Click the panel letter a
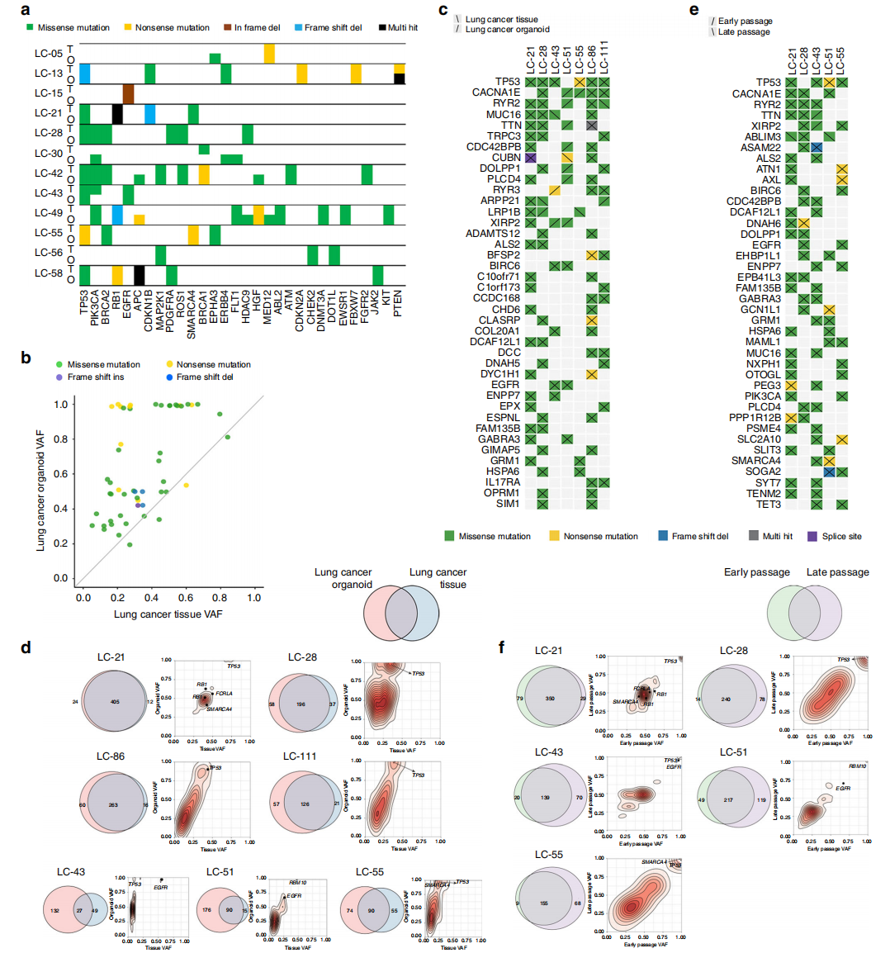[x=26, y=10]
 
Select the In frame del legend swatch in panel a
[x=227, y=27]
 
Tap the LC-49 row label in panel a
[x=48, y=213]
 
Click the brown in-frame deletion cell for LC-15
[x=128, y=93]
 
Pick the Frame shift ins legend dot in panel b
[x=59, y=377]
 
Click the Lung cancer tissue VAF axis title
[x=168, y=614]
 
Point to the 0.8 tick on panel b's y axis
[x=61, y=439]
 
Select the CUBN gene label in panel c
[x=506, y=157]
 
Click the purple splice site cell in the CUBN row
[x=530, y=157]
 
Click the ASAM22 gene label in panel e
[x=760, y=147]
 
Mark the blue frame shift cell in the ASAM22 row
[x=817, y=147]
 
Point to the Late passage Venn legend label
[x=837, y=572]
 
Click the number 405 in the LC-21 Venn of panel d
[x=115, y=702]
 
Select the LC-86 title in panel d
[x=111, y=756]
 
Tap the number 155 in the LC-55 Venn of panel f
[x=544, y=903]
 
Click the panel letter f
[x=502, y=647]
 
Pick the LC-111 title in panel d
[x=300, y=756]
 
